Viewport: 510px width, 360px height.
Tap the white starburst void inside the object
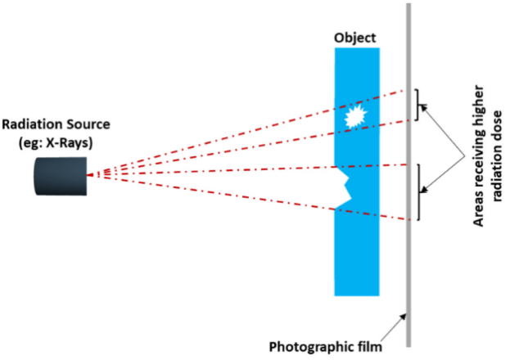pyautogui.click(x=354, y=118)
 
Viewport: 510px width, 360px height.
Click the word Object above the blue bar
pyautogui.click(x=357, y=38)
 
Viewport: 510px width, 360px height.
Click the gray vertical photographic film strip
pyautogui.click(x=408, y=245)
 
